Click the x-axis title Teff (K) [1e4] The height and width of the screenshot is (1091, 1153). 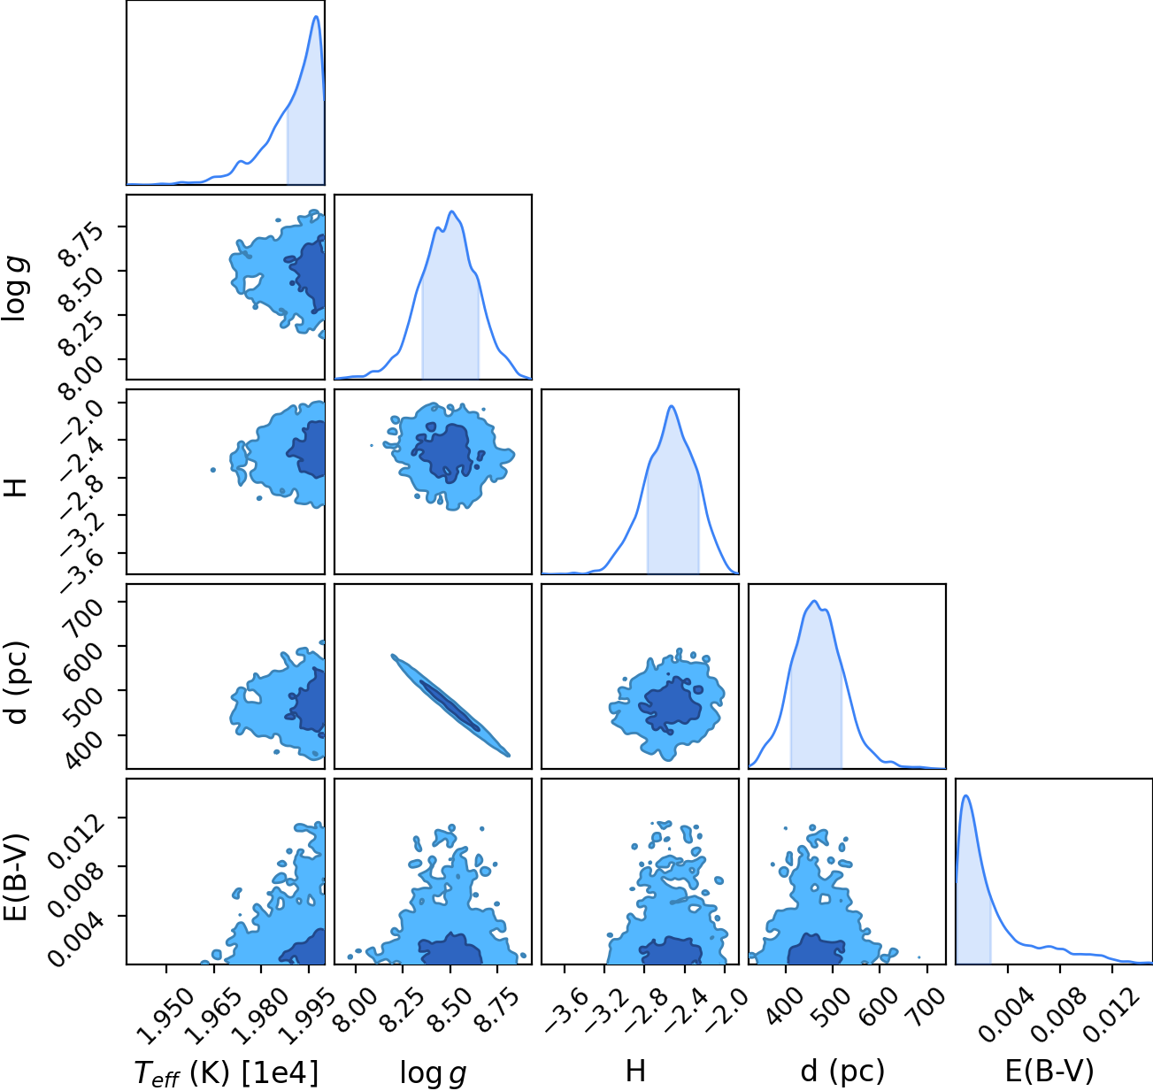tap(227, 1072)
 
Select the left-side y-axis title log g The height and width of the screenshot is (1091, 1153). tap(16, 288)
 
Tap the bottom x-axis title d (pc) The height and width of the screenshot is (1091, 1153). tap(842, 1072)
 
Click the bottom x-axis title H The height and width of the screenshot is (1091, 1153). tap(635, 1071)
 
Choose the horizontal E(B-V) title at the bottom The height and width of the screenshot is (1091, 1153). tap(1049, 1072)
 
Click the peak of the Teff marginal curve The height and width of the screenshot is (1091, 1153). tap(316, 16)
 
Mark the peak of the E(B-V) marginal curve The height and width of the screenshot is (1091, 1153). tap(965, 796)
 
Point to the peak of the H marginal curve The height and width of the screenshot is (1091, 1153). tap(672, 406)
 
